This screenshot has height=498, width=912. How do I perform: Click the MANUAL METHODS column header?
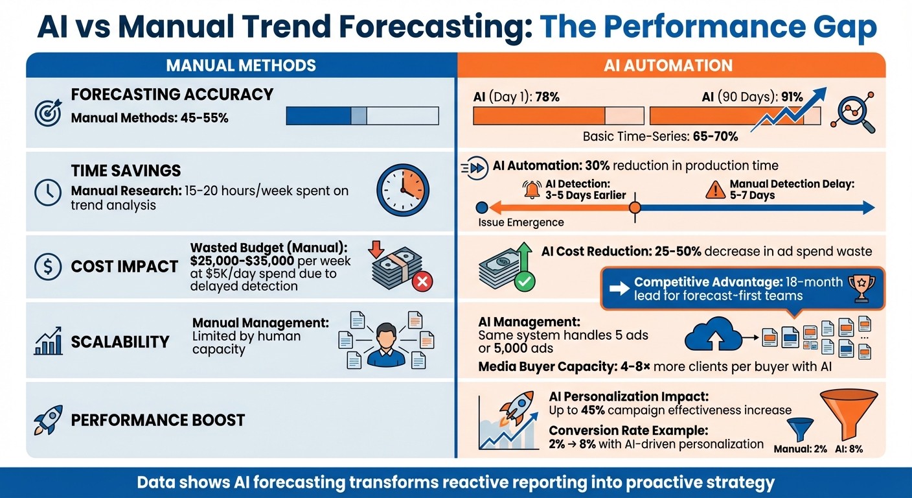[x=241, y=65]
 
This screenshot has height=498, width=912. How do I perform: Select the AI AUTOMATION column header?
[x=671, y=65]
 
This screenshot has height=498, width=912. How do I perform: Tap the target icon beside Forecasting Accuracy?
[x=47, y=112]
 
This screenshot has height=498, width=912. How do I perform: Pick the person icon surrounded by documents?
[x=382, y=341]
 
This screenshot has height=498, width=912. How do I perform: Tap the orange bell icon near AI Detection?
[x=531, y=189]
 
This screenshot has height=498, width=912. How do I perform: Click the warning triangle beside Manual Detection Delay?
[x=716, y=189]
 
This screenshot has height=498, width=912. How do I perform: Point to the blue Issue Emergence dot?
[x=481, y=207]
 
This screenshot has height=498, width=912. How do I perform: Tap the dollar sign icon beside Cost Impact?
[x=47, y=267]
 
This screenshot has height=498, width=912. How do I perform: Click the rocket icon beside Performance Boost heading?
[x=47, y=420]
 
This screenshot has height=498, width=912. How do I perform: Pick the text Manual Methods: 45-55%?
[x=150, y=119]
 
